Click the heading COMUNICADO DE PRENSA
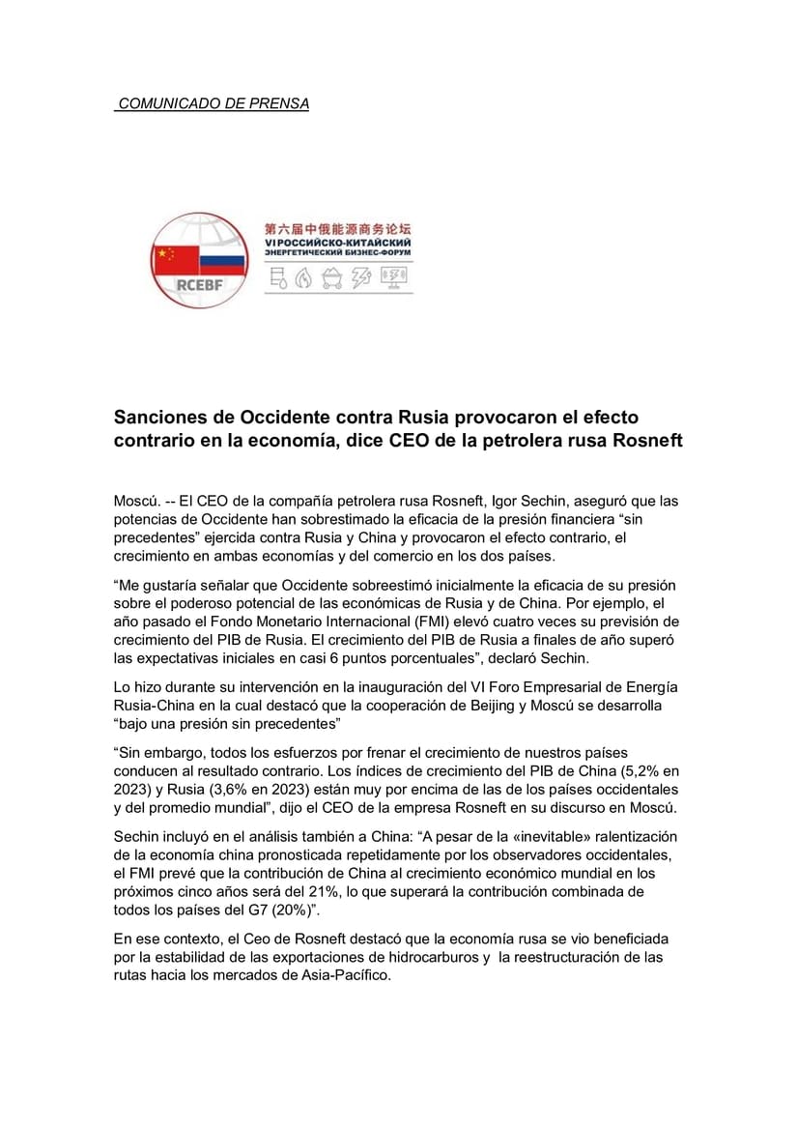point(213,103)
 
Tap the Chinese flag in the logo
point(174,256)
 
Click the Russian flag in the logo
point(222,257)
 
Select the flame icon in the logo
point(304,279)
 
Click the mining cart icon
point(332,279)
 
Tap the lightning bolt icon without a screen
point(361,279)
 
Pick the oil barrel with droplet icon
point(278,279)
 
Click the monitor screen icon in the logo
point(394,278)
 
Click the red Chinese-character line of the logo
point(338,229)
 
